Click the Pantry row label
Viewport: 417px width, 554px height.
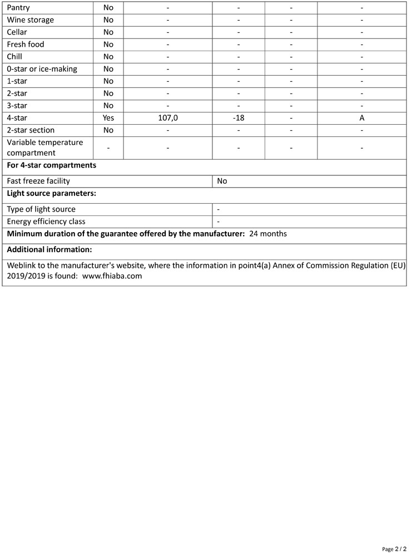tap(18, 8)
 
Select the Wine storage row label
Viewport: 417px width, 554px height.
tap(31, 20)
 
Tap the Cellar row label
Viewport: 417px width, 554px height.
tap(17, 32)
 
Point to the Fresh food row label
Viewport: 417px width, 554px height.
tap(26, 45)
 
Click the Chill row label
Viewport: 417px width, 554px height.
tap(14, 57)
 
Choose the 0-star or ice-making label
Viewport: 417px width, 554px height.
tap(42, 69)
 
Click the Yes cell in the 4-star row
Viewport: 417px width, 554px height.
tap(108, 118)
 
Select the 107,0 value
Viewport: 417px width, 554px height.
tap(168, 118)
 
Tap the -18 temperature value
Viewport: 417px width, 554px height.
tap(239, 118)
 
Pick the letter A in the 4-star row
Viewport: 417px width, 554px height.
tap(362, 118)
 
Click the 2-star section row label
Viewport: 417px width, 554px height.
tap(31, 130)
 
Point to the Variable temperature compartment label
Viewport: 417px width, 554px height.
tap(45, 148)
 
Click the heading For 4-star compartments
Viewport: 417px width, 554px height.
tap(52, 165)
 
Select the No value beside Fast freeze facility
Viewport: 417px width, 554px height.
tap(222, 181)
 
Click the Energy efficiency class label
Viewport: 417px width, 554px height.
tap(46, 222)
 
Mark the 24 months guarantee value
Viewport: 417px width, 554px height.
tap(268, 234)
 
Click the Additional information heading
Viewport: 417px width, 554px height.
tap(49, 249)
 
